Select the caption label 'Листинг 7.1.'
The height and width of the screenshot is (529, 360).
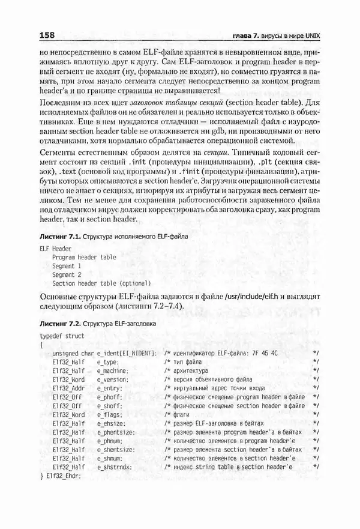point(60,237)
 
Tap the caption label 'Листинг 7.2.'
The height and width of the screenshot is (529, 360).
point(60,322)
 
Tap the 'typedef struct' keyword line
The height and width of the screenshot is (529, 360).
point(62,336)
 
